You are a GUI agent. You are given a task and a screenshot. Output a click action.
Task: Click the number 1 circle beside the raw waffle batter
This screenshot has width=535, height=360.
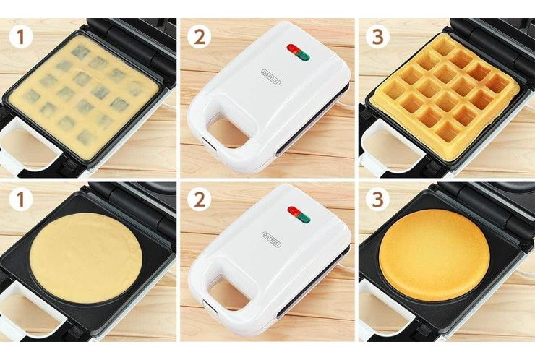pos(20,35)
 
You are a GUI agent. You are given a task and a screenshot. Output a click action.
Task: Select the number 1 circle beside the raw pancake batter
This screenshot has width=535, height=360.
pos(20,199)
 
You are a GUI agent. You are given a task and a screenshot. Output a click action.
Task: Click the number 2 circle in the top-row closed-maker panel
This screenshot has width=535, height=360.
pos(197,35)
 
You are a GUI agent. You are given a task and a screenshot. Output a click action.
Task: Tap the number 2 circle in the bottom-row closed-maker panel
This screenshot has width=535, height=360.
pos(197,199)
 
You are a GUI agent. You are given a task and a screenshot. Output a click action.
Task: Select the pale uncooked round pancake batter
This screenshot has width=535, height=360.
pos(85,256)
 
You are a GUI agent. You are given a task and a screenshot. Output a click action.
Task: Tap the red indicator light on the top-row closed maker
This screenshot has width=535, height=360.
pos(294,48)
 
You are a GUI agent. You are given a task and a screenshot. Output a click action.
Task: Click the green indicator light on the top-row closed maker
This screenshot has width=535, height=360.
pos(303,54)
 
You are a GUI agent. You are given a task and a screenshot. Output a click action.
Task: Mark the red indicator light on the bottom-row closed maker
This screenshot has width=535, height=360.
pos(294,211)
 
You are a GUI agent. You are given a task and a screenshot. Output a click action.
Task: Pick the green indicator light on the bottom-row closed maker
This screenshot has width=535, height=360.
pos(303,217)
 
